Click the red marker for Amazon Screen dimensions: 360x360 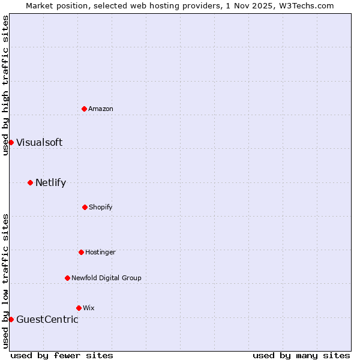tap(84, 109)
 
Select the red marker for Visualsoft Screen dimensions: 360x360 tap(11, 142)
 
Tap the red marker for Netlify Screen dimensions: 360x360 tap(30, 182)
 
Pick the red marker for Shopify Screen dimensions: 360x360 tap(85, 207)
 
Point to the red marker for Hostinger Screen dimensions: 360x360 tap(81, 252)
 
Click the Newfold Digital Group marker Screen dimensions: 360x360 tap(67, 278)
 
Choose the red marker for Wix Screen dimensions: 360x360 tap(79, 308)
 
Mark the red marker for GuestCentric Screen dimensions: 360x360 tap(11, 319)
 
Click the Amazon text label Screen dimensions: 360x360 tap(101, 109)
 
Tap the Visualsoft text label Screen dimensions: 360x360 tap(39, 142)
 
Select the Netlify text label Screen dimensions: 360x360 tap(50, 182)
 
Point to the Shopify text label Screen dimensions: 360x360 tap(101, 207)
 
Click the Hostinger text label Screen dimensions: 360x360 tap(100, 252)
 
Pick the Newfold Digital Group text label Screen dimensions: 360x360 tap(106, 278)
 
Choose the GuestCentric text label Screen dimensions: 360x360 tap(47, 319)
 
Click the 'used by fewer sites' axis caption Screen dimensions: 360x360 tap(62, 355)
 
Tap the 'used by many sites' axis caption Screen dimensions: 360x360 tap(301, 355)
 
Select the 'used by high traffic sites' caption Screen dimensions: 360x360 tap(5, 85)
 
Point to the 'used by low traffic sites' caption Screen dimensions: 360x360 tap(5, 281)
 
